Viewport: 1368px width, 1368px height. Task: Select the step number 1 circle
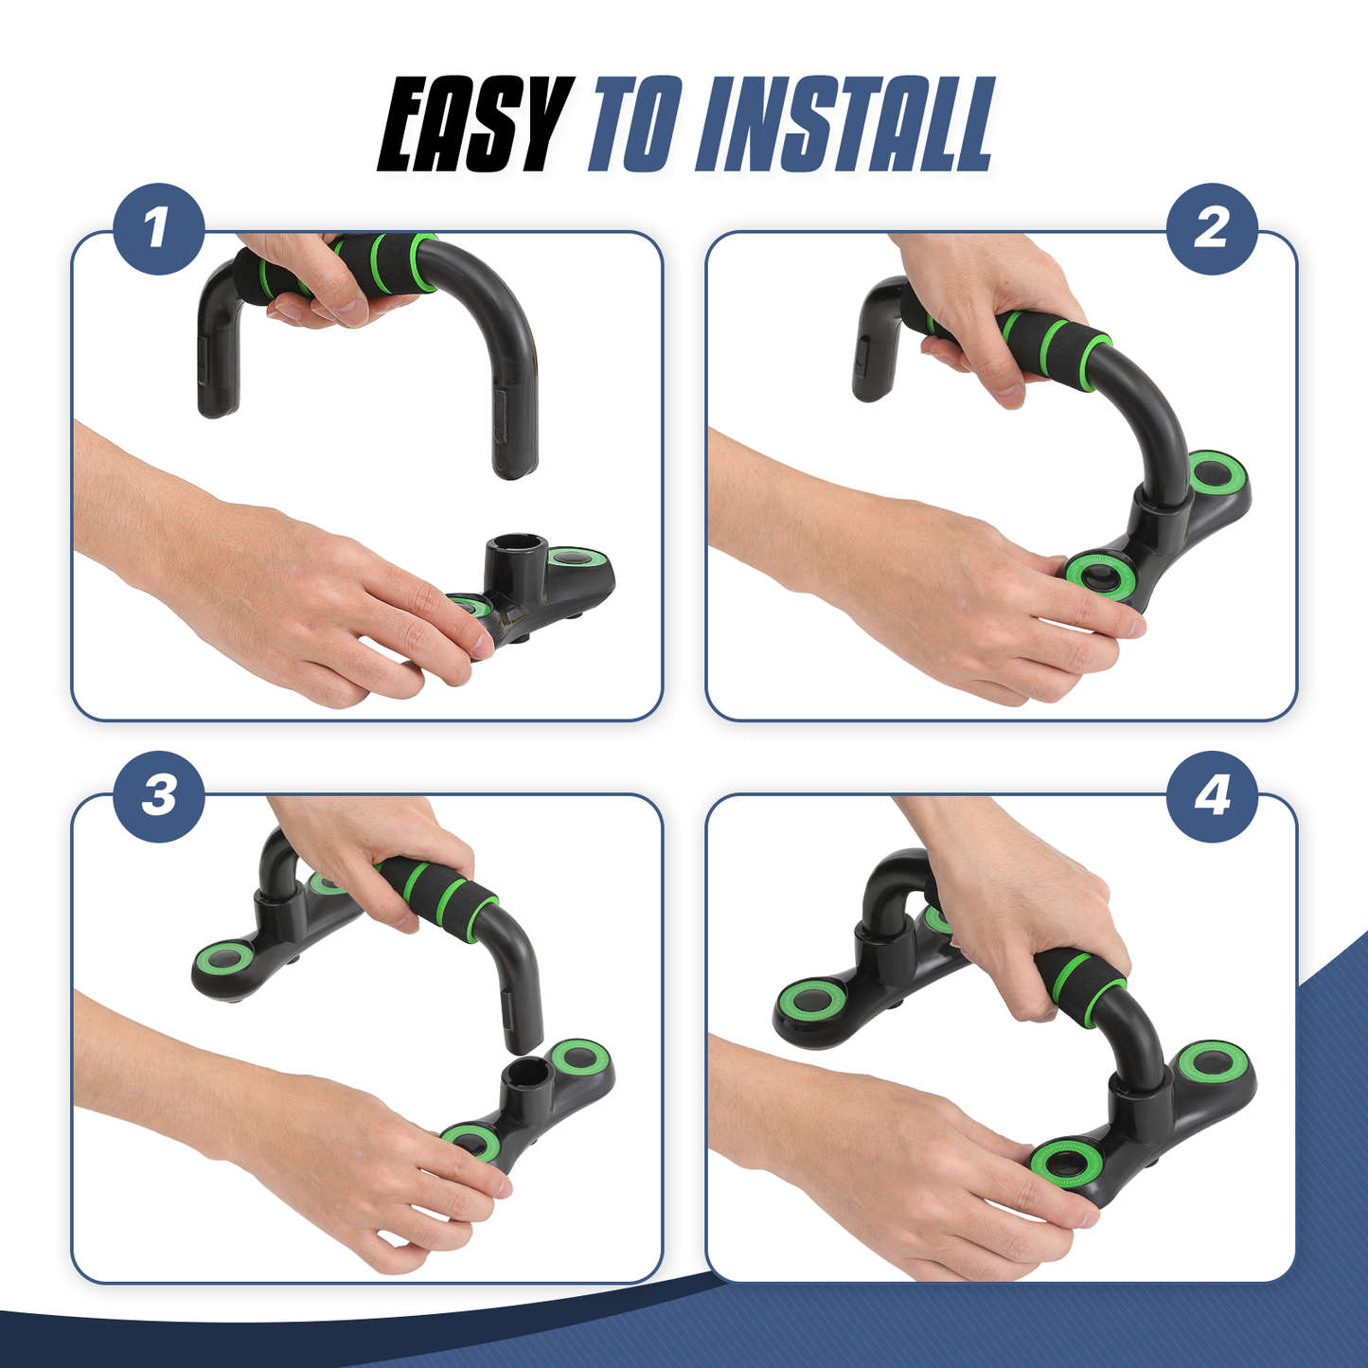coord(158,228)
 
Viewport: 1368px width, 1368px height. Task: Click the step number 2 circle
coord(1212,228)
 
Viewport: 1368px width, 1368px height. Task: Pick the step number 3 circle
coord(158,796)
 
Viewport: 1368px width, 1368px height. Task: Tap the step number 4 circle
coord(1212,796)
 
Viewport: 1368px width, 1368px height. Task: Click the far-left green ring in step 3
coord(225,962)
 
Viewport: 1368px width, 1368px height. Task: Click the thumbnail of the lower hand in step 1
coord(481,645)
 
